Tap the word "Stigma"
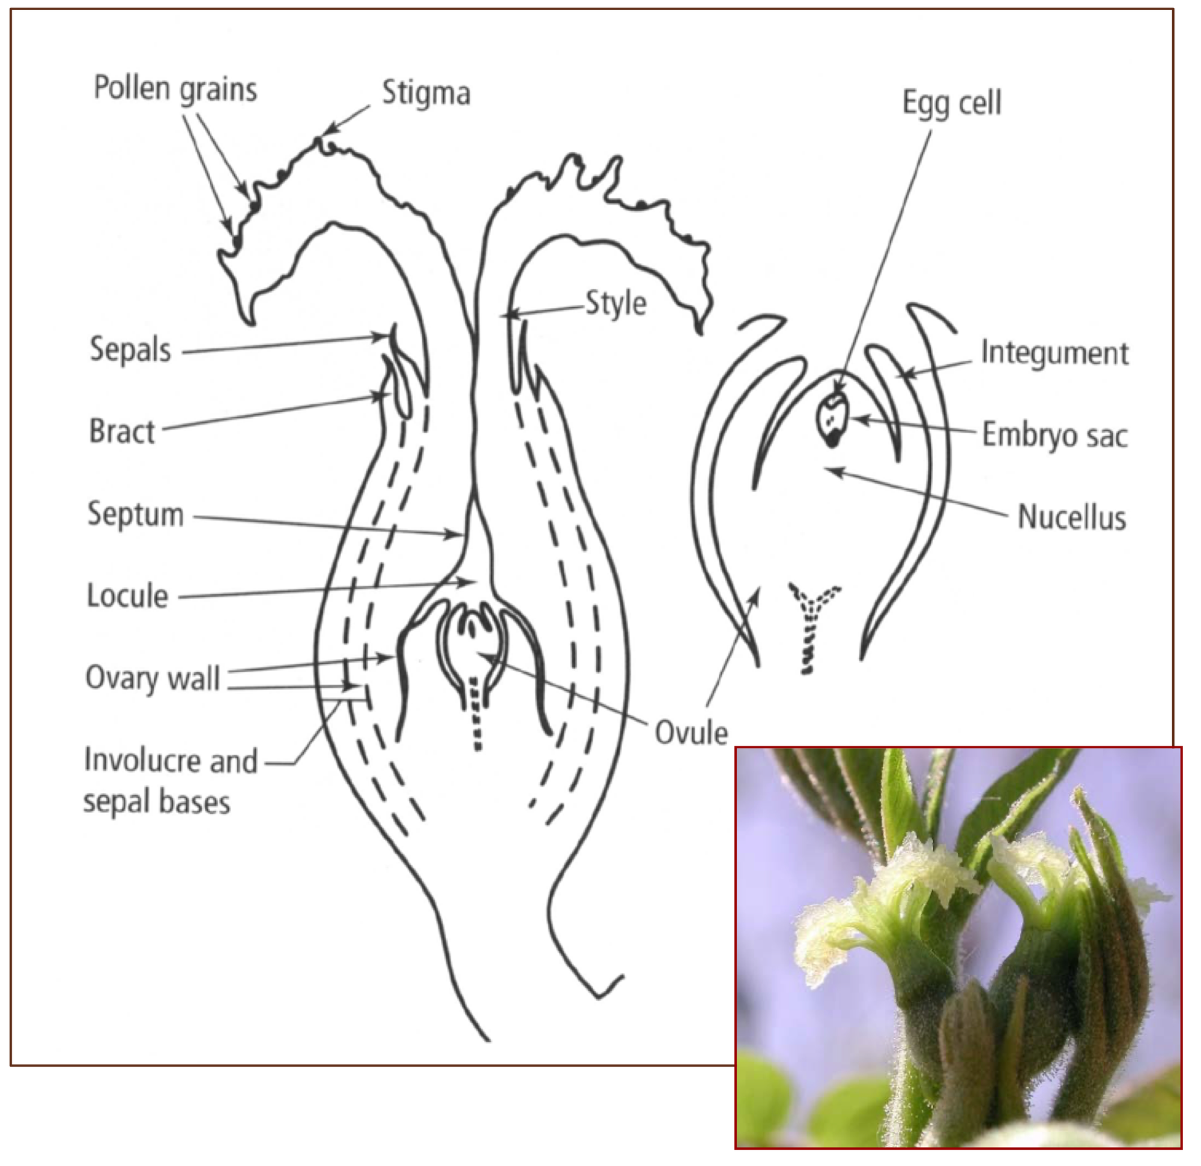tap(426, 94)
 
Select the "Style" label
tap(616, 304)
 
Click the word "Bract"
tap(122, 431)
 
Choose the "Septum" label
tap(136, 514)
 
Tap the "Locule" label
tap(127, 596)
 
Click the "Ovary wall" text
tap(153, 679)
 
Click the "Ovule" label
tap(691, 733)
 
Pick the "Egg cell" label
tap(952, 103)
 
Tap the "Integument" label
tap(1054, 353)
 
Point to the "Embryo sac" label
tap(1054, 436)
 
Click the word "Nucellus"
tap(1072, 518)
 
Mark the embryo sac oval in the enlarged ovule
tap(832, 417)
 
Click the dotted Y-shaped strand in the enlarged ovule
tap(812, 619)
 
